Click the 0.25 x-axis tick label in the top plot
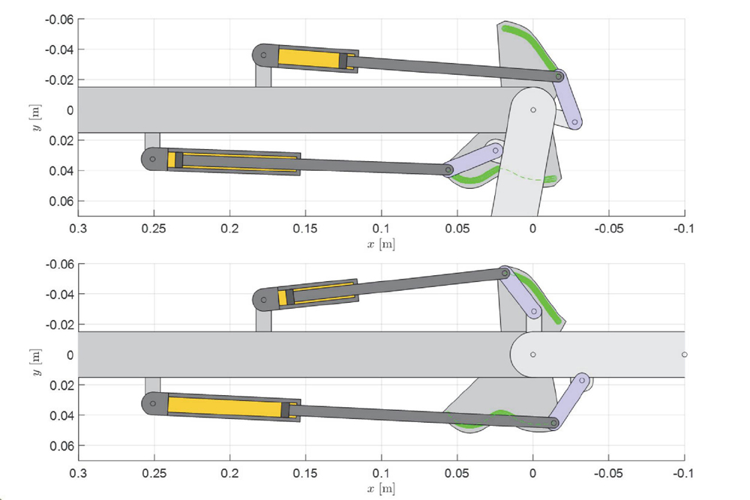pos(154,229)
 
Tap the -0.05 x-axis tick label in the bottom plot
pos(609,473)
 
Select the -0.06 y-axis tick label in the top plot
pos(59,19)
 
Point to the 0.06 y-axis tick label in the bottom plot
pos(61,446)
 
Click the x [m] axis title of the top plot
pos(381,244)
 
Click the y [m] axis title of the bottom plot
pos(36,362)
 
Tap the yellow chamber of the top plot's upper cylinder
pos(309,58)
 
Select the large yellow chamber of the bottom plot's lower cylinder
pos(225,408)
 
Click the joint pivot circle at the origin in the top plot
pos(532,110)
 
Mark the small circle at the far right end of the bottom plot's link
pos(685,355)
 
